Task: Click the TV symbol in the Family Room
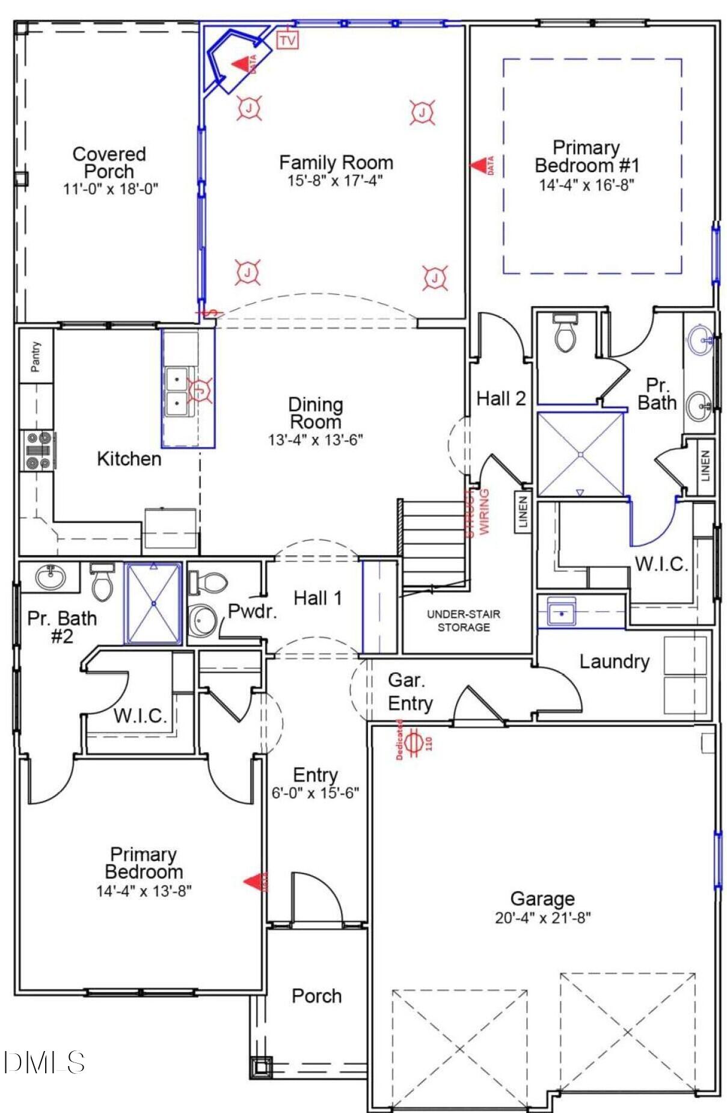[x=287, y=40]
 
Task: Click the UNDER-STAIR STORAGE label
[x=463, y=620]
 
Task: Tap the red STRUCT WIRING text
[x=478, y=512]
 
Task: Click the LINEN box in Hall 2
[x=523, y=512]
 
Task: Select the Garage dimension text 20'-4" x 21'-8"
[x=542, y=917]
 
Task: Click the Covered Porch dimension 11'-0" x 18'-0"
[x=110, y=189]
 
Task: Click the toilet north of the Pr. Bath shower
[x=565, y=333]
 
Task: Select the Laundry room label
[x=614, y=661]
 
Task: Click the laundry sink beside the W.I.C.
[x=561, y=613]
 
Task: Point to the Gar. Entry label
[x=410, y=691]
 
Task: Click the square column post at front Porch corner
[x=260, y=1067]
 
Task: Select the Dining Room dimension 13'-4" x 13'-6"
[x=315, y=440]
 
